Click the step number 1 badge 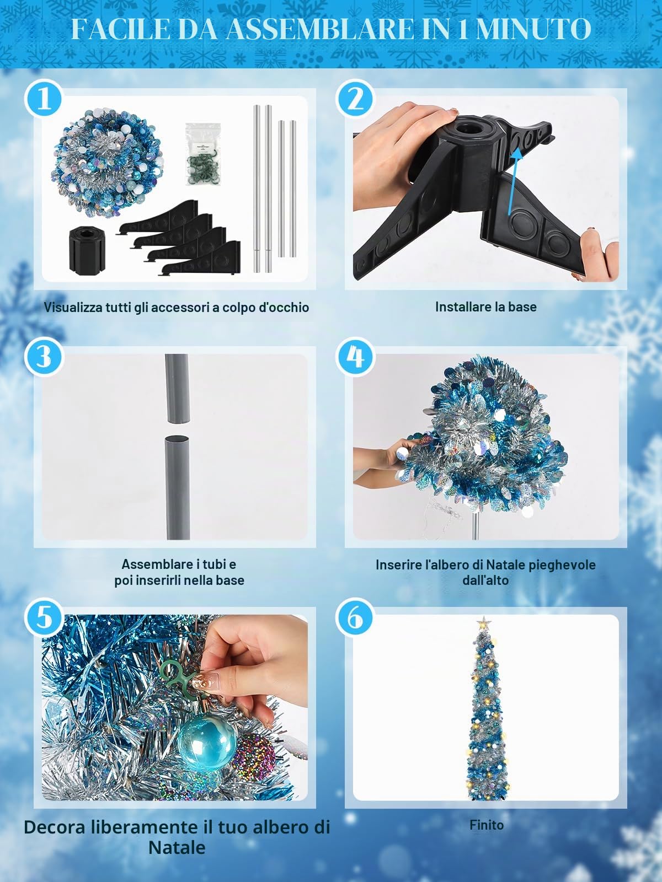tap(44, 99)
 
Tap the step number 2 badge tap(355, 99)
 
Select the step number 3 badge tap(44, 357)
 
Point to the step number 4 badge tap(355, 357)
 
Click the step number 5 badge tap(44, 617)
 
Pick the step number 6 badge tap(355, 617)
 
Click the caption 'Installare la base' tap(485, 307)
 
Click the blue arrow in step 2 tap(515, 181)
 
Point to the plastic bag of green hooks tap(203, 155)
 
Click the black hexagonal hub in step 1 tap(87, 249)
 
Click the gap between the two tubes tap(177, 429)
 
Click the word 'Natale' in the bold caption tap(177, 847)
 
